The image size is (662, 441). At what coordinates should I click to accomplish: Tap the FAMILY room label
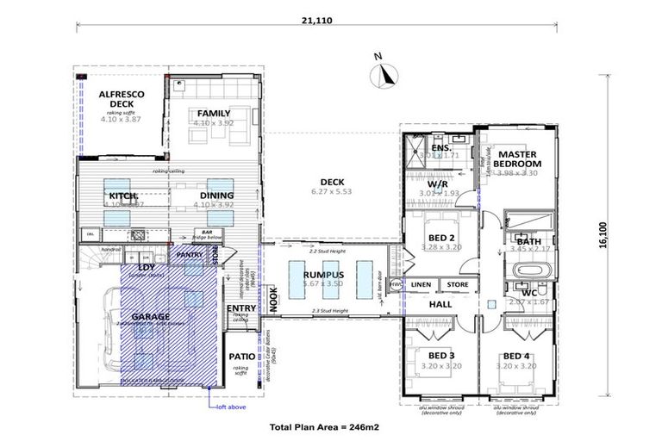(213, 114)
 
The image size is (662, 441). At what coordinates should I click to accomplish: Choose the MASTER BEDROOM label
(518, 158)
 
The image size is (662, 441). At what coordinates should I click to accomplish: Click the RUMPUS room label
(323, 274)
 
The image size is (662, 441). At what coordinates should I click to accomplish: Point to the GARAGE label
(152, 317)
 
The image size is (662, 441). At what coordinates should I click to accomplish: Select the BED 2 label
(441, 237)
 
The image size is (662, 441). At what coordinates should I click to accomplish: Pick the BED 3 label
(441, 355)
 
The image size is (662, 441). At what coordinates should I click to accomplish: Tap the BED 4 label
(517, 355)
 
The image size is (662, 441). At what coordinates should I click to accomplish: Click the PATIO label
(240, 356)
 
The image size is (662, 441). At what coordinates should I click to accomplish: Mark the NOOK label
(272, 297)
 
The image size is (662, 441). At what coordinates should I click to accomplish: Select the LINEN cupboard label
(421, 285)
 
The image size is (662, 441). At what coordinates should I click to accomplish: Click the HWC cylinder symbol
(397, 284)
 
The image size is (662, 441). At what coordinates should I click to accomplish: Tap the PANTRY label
(190, 255)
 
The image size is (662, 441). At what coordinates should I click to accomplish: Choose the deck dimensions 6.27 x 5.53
(332, 192)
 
